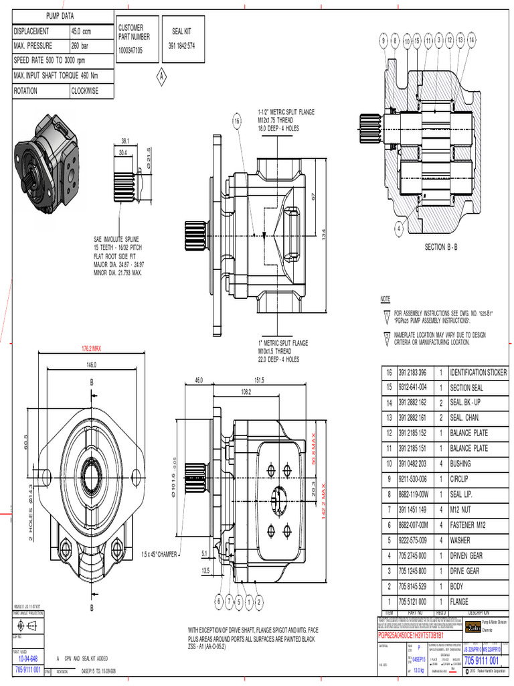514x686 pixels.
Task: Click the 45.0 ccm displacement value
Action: (81, 31)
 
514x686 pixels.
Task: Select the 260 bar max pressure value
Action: (80, 46)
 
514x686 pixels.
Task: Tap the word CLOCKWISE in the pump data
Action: (84, 91)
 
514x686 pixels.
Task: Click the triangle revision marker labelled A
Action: (161, 77)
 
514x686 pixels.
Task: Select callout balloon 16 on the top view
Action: (236, 121)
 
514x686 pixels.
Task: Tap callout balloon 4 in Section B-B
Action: (399, 228)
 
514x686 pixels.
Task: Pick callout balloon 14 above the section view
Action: (472, 41)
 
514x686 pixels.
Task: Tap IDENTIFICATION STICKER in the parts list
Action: (478, 372)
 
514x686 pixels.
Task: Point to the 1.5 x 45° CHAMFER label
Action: (164, 554)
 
